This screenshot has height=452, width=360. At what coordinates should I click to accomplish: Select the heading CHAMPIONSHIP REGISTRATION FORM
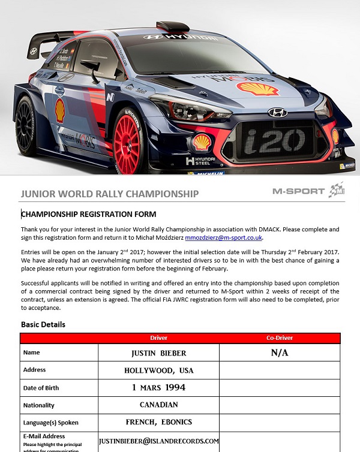pos(89,214)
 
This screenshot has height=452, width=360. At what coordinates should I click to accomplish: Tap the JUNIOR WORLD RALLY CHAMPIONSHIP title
pos(109,194)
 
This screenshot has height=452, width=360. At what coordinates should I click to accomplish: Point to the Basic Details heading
pos(43,324)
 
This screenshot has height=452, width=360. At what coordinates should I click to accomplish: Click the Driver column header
pos(158,338)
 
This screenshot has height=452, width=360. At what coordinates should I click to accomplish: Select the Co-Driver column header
pos(279,338)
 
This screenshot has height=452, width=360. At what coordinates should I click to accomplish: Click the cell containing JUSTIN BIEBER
pos(158,352)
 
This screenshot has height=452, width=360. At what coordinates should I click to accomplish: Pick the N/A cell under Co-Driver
pos(280,352)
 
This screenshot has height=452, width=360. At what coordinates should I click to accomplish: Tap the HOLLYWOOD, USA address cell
pos(158,370)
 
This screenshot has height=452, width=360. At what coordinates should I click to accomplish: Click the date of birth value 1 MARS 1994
pos(158,387)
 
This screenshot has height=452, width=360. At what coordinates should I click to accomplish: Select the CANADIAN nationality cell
pos(158,405)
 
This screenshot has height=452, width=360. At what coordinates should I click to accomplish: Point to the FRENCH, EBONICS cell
pos(158,422)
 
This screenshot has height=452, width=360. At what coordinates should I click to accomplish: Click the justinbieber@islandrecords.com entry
pos(159,441)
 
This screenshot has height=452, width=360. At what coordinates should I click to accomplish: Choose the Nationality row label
pos(39,405)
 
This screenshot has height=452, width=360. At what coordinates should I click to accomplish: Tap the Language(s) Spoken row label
pos(50,423)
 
